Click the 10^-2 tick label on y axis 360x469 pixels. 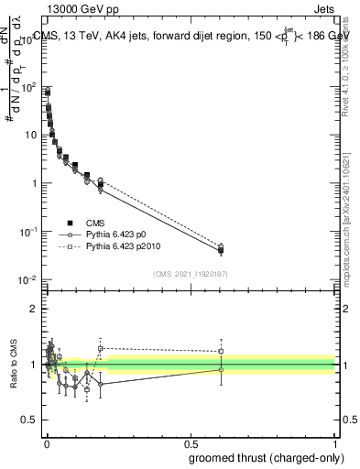28,279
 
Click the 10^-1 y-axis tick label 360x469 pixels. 28,232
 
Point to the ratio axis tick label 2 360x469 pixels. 35,309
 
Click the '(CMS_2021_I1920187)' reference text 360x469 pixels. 191,273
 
